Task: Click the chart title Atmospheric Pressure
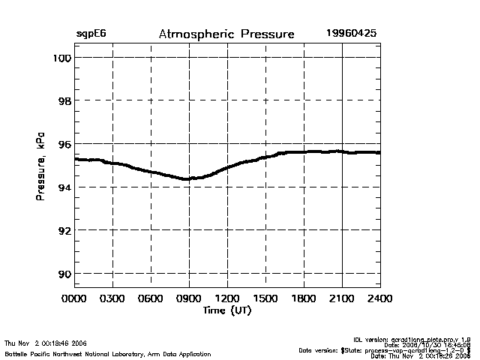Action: point(226,34)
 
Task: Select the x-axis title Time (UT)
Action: point(226,310)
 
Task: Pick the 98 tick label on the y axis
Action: point(64,100)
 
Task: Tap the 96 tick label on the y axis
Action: point(64,144)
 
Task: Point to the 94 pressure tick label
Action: point(64,187)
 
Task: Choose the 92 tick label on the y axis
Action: point(64,230)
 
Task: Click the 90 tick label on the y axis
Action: point(64,274)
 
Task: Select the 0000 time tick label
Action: point(74,298)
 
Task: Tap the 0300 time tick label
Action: point(112,298)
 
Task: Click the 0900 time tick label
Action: point(189,298)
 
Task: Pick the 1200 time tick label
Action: point(227,298)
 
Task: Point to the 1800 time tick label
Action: point(304,298)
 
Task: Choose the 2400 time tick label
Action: point(379,298)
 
